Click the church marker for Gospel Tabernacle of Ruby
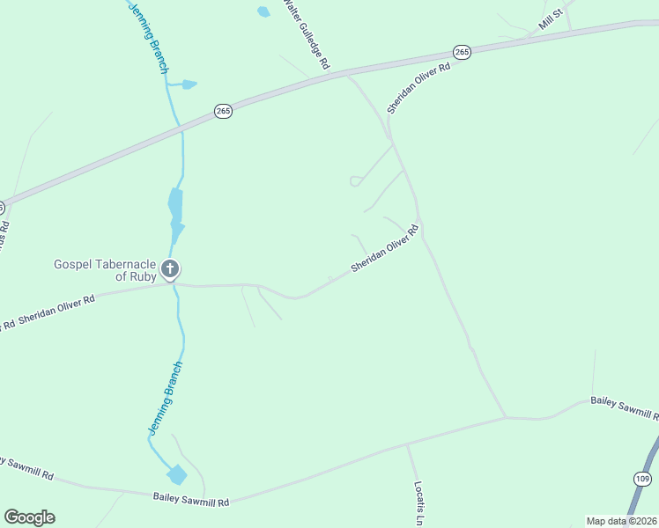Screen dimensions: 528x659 (x=171, y=269)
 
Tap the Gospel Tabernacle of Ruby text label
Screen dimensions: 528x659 (x=106, y=269)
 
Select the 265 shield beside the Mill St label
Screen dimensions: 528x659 (x=463, y=52)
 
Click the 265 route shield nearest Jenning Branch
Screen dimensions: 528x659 (x=223, y=112)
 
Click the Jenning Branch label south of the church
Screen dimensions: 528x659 (x=165, y=399)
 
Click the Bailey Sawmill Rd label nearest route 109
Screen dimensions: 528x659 (x=624, y=407)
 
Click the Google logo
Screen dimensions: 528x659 (x=29, y=517)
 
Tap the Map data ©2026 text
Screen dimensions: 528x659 (x=620, y=521)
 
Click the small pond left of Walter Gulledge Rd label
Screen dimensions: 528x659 (x=263, y=11)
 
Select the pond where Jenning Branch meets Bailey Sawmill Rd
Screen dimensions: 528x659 (x=177, y=474)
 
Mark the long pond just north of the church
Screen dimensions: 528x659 (x=175, y=207)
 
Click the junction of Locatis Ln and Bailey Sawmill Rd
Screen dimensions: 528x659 (x=406, y=445)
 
